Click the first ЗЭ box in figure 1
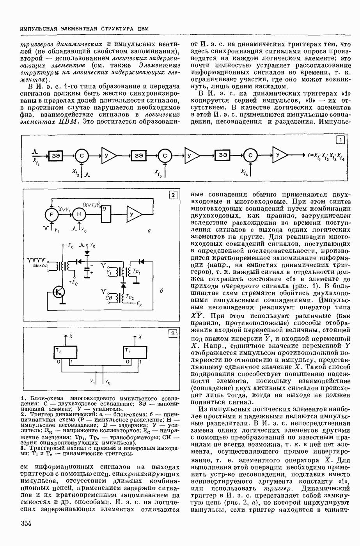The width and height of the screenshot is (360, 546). (55, 155)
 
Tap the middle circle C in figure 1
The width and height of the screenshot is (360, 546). (165, 155)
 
